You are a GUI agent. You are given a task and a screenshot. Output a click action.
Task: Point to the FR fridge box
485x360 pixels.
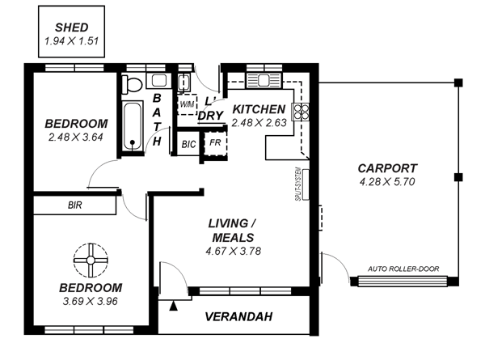215,143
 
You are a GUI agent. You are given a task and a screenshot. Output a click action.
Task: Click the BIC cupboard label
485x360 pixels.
188,144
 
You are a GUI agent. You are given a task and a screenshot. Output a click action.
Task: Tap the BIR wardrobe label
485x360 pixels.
74,205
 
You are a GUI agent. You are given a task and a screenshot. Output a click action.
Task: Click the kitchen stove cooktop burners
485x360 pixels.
306,110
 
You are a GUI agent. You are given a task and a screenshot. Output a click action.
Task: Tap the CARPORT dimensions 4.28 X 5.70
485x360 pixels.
386,182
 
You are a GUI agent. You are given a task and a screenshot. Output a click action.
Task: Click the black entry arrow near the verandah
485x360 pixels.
173,305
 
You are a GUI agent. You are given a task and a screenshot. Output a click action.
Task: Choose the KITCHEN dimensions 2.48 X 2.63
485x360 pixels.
258,123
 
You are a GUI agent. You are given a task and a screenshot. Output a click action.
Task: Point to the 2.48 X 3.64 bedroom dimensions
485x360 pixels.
76,137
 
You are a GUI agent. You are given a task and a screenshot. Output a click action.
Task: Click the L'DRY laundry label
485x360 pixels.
210,108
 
